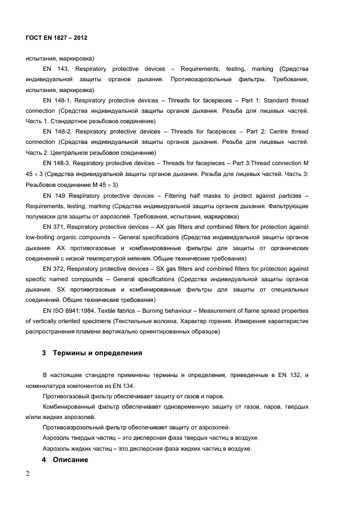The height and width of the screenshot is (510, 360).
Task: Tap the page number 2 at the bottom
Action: pos(28,473)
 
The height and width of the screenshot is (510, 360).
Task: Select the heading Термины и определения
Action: pos(97,353)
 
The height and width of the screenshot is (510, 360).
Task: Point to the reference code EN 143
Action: pos(56,69)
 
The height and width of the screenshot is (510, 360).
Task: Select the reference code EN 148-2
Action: pos(57,132)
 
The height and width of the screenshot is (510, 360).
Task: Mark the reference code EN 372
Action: pos(56,269)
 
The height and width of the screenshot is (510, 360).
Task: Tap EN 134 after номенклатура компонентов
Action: pos(118,386)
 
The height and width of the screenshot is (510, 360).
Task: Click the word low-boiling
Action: pos(41,237)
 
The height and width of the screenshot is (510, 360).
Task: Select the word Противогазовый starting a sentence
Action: pos(65,396)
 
